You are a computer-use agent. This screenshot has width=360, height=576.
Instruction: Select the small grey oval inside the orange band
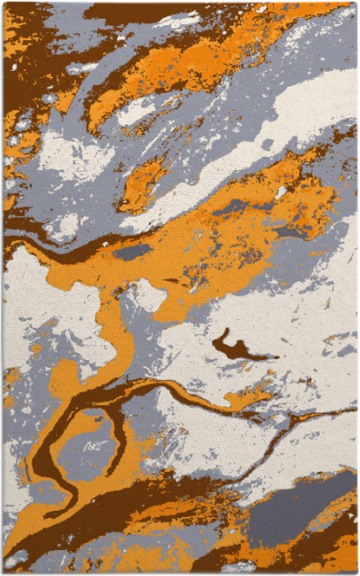pyautogui.click(x=132, y=253)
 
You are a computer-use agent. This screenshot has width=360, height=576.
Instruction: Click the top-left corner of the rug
pyautogui.click(x=4, y=4)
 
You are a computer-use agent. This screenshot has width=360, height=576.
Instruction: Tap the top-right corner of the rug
pyautogui.click(x=356, y=4)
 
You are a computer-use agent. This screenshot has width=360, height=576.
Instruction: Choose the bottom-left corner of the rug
pyautogui.click(x=4, y=572)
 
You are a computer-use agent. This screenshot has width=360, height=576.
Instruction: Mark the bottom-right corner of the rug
pyautogui.click(x=356, y=572)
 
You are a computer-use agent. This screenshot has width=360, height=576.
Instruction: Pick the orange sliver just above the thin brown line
pyautogui.click(x=251, y=394)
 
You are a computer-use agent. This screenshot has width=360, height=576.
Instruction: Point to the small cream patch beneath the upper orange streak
pyautogui.click(x=134, y=112)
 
